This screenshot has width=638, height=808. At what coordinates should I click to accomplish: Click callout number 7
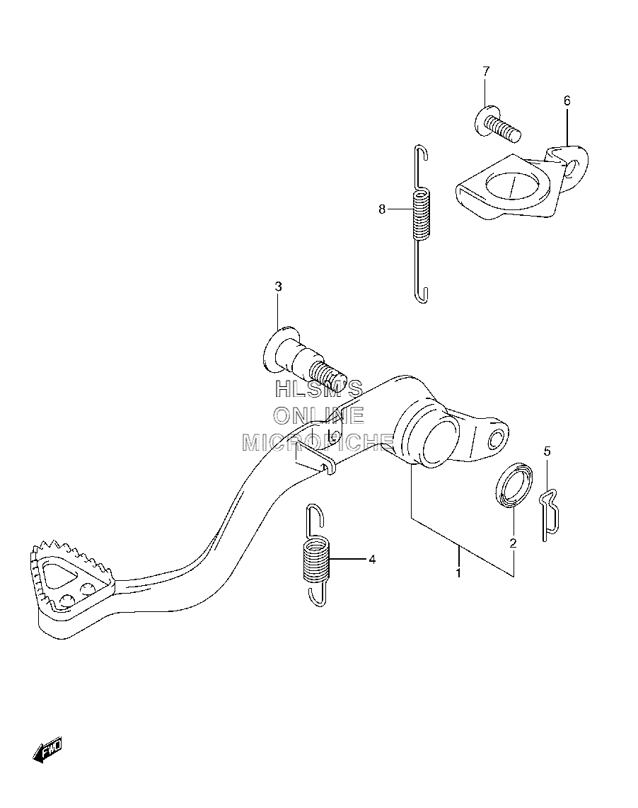click(486, 71)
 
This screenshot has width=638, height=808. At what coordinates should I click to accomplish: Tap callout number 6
click(567, 100)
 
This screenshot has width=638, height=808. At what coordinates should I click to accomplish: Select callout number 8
click(382, 209)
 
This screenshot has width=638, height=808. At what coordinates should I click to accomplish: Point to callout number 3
click(278, 287)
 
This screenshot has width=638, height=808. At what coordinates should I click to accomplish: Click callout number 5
click(547, 451)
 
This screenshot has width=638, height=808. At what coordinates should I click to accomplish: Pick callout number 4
click(372, 559)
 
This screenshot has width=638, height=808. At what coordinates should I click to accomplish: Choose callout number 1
click(458, 572)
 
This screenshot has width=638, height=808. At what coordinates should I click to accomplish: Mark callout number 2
click(513, 543)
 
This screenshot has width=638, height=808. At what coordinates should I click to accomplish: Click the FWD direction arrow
click(47, 749)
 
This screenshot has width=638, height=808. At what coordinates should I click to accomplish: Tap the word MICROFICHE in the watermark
click(318, 442)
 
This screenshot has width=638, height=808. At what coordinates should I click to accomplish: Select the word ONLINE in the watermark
click(318, 415)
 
